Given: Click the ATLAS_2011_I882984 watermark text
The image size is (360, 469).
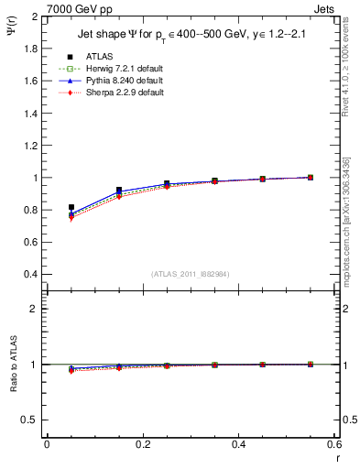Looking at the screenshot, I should click(190, 275).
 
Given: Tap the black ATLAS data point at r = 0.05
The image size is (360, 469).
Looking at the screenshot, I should click(71, 207).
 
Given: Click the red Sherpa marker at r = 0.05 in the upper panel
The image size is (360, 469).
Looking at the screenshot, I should click(71, 218).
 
